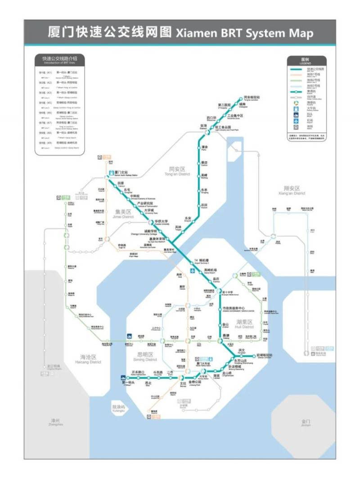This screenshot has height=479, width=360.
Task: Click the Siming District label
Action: pyautogui.click(x=145, y=357)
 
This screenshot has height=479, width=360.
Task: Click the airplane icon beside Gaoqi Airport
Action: pyautogui.click(x=192, y=271)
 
